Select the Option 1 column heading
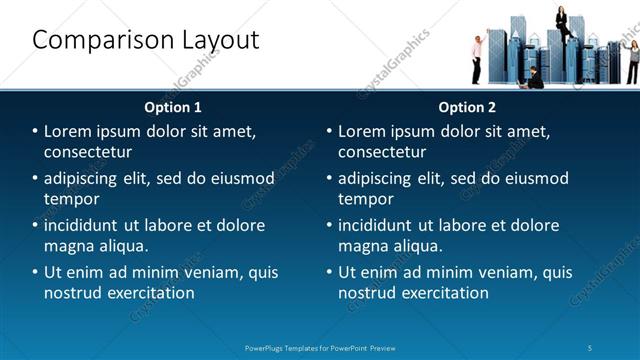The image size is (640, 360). click(x=173, y=106)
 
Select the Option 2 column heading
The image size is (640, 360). click(x=467, y=106)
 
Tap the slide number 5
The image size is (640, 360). click(x=591, y=347)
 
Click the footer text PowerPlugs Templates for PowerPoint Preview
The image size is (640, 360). click(x=320, y=347)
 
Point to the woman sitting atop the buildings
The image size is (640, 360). click(x=562, y=22)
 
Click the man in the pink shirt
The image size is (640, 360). click(x=478, y=56)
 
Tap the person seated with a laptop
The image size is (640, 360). click(x=535, y=77)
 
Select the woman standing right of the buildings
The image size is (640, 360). click(x=632, y=60)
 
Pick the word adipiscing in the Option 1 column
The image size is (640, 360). click(x=88, y=178)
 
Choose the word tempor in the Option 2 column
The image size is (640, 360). click(x=365, y=199)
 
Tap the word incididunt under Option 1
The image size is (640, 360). click(x=88, y=225)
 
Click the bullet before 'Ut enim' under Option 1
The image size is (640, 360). click(x=35, y=272)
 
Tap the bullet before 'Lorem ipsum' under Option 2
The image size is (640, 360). click(x=329, y=131)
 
